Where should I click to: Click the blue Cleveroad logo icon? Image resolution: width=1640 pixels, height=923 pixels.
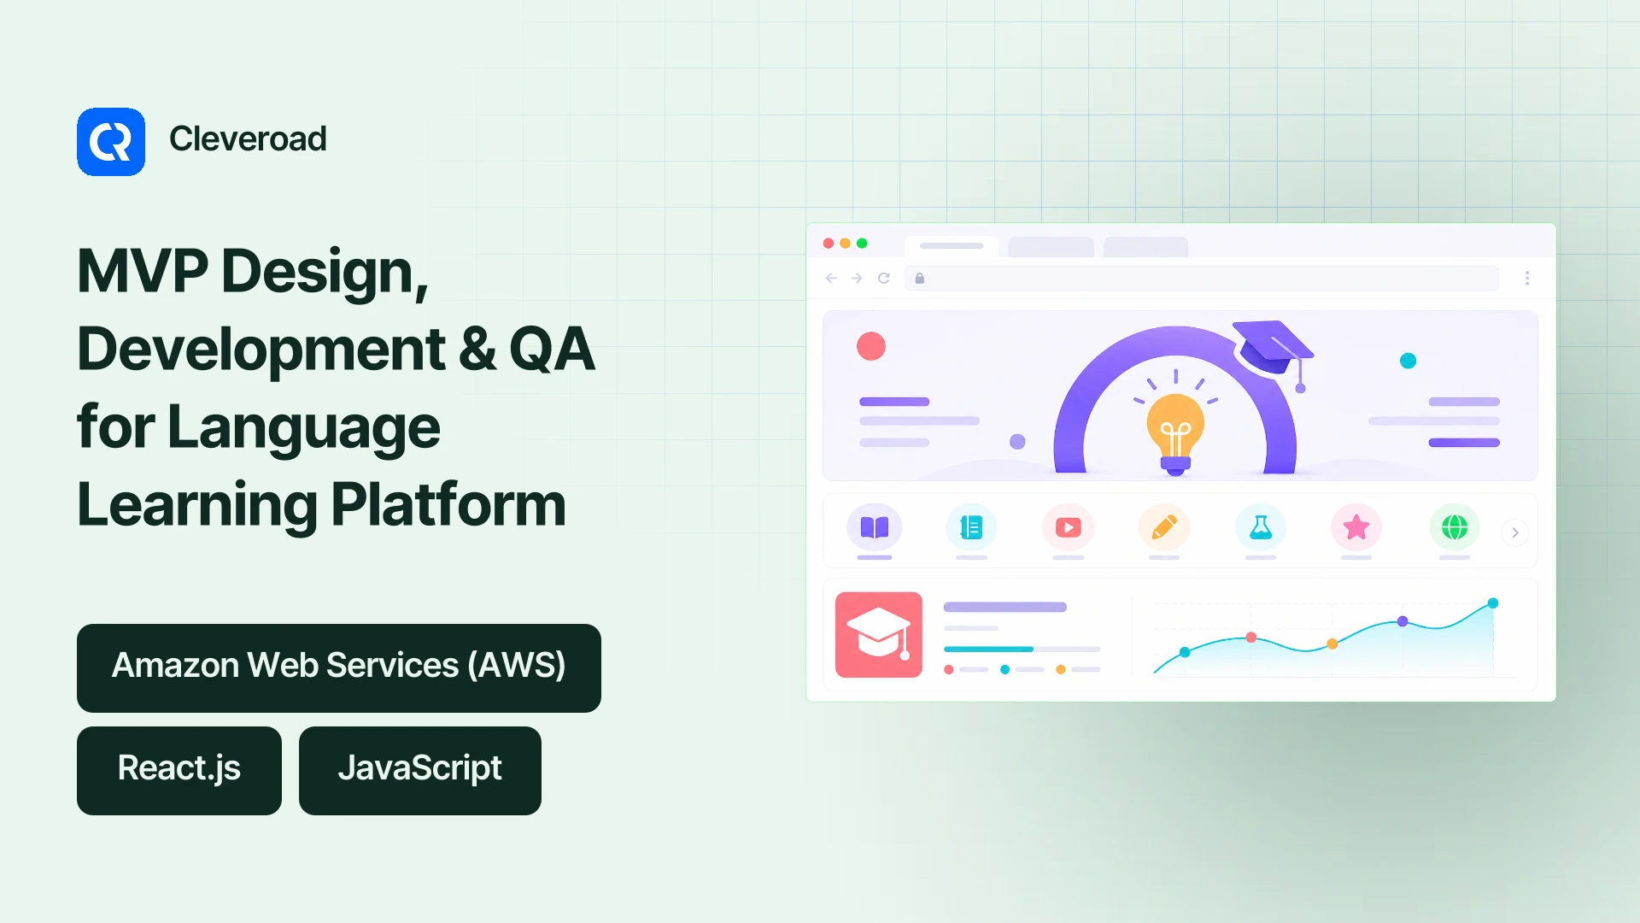[111, 142]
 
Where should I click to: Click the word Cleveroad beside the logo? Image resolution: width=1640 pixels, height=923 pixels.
[248, 138]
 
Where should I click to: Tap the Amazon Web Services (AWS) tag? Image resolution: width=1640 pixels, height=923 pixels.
[339, 668]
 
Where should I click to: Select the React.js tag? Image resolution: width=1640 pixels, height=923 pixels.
[179, 771]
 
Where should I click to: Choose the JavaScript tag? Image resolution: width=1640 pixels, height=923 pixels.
[420, 771]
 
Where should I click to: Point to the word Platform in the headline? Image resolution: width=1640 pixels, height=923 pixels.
[448, 504]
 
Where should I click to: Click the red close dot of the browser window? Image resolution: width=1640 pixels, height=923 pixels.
[829, 244]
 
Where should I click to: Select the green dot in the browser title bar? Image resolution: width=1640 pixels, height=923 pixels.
[862, 244]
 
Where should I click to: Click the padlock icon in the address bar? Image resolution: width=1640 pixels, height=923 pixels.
[920, 278]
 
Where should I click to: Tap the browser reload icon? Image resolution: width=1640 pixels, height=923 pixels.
[884, 278]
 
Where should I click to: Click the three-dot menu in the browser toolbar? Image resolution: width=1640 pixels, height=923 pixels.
[1527, 278]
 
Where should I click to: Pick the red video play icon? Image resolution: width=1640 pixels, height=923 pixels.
[1069, 527]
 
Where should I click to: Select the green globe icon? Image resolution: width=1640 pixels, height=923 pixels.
[1455, 527]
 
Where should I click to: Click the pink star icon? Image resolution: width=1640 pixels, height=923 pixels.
[1356, 527]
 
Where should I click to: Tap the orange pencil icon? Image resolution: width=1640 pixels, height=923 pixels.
[1164, 527]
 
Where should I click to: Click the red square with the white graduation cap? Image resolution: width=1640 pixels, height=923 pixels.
[879, 635]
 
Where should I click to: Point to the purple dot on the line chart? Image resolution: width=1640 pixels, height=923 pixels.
[1403, 621]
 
